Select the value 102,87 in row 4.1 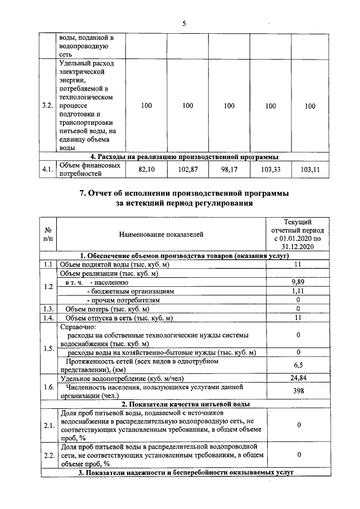pos(188,169)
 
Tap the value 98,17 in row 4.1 pos(229,169)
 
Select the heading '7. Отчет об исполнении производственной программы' pos(184,193)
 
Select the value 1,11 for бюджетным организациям pos(298,291)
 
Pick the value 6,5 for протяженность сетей pos(298,365)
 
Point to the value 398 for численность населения pos(298,391)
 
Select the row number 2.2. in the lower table pos(48,454)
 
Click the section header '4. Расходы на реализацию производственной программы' pos(185,156)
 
